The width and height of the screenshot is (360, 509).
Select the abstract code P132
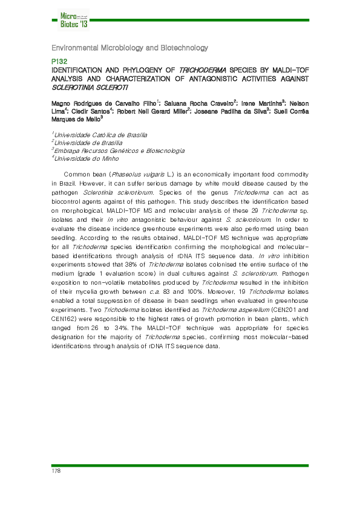click(59, 62)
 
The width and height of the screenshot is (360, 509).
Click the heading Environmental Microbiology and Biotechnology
click(129, 48)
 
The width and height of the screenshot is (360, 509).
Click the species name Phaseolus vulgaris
click(126, 173)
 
